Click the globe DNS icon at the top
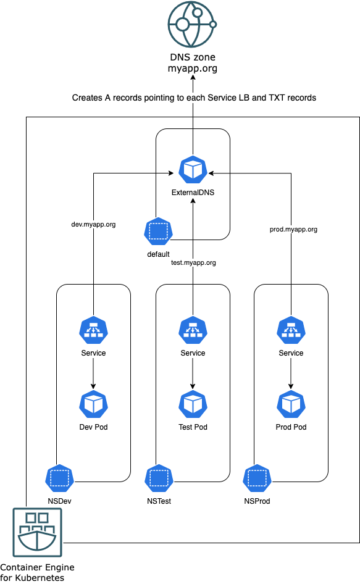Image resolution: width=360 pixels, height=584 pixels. [192, 24]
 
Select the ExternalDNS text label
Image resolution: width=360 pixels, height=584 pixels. [193, 193]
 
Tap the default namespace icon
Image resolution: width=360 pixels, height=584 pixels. [158, 232]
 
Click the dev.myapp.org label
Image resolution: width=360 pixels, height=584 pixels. [94, 225]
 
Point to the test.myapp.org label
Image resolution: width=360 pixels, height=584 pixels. [193, 262]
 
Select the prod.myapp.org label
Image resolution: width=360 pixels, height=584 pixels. [293, 229]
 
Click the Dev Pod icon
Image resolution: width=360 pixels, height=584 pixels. [93, 404]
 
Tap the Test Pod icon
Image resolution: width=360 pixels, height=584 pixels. [193, 404]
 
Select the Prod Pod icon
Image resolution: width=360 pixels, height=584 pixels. [291, 404]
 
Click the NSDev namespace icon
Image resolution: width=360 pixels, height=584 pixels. [59, 478]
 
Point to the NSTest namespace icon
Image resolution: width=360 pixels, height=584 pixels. [159, 478]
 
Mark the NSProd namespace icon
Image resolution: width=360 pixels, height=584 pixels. [257, 478]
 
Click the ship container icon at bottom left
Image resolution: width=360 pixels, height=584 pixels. [38, 533]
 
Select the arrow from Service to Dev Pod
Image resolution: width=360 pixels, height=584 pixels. [93, 373]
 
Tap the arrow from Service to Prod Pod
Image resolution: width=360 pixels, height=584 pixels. [291, 373]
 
